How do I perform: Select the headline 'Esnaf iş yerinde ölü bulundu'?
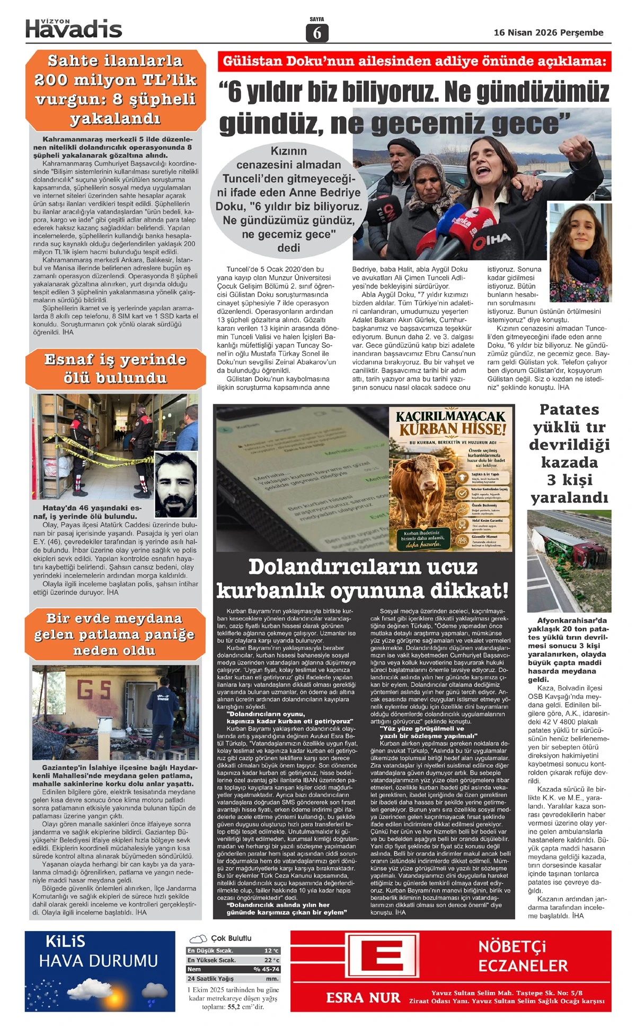[115, 369]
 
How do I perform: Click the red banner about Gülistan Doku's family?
[414, 61]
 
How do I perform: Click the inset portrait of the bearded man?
[176, 484]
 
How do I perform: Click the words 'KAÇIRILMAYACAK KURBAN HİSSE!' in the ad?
[452, 422]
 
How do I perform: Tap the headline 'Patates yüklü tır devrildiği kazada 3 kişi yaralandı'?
[569, 453]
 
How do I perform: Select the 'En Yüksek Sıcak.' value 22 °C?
[271, 960]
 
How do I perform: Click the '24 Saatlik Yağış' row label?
[210, 979]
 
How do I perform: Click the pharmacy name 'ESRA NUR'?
[363, 998]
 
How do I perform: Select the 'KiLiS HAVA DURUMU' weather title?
[98, 952]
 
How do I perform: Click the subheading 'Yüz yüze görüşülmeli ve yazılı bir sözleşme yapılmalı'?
[428, 732]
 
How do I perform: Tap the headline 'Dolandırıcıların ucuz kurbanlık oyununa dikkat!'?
[363, 578]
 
